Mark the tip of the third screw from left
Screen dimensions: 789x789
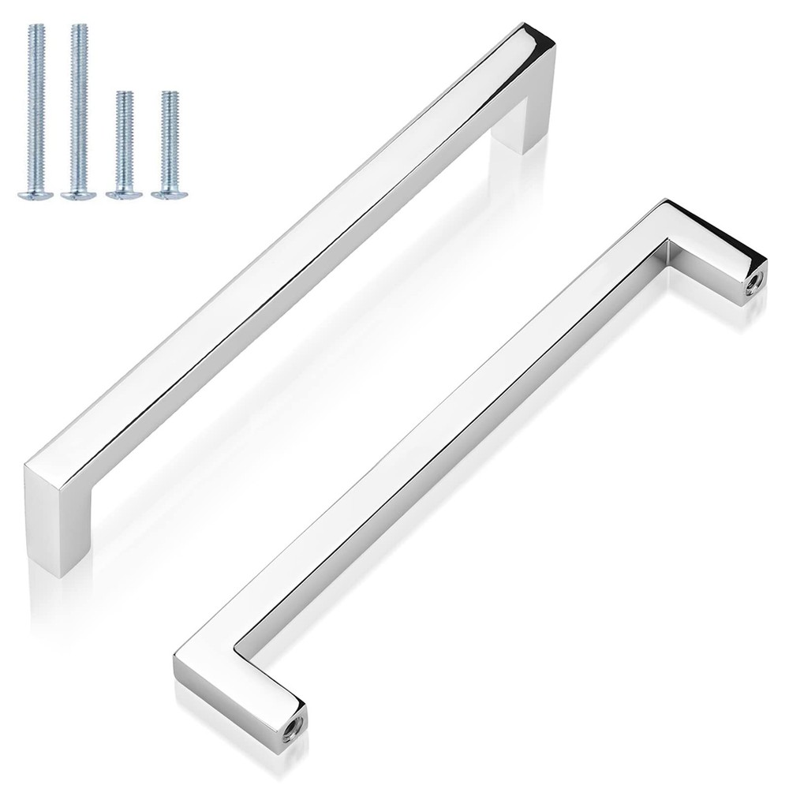point(122,95)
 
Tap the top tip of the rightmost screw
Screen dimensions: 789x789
point(166,95)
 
